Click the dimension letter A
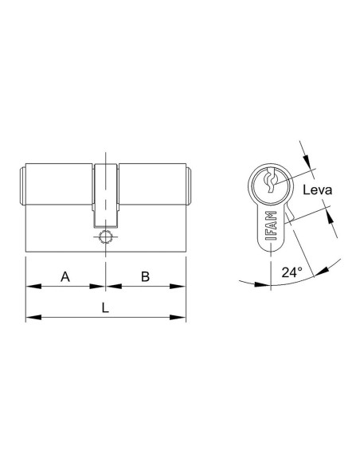(x=65, y=276)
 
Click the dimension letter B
(x=145, y=276)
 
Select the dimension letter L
(x=105, y=308)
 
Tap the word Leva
(x=317, y=190)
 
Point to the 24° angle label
(x=292, y=272)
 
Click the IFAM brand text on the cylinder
(x=272, y=226)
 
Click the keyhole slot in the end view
(x=272, y=180)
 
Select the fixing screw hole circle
(x=105, y=237)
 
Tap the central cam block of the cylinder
(x=106, y=195)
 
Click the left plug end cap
(x=22, y=186)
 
